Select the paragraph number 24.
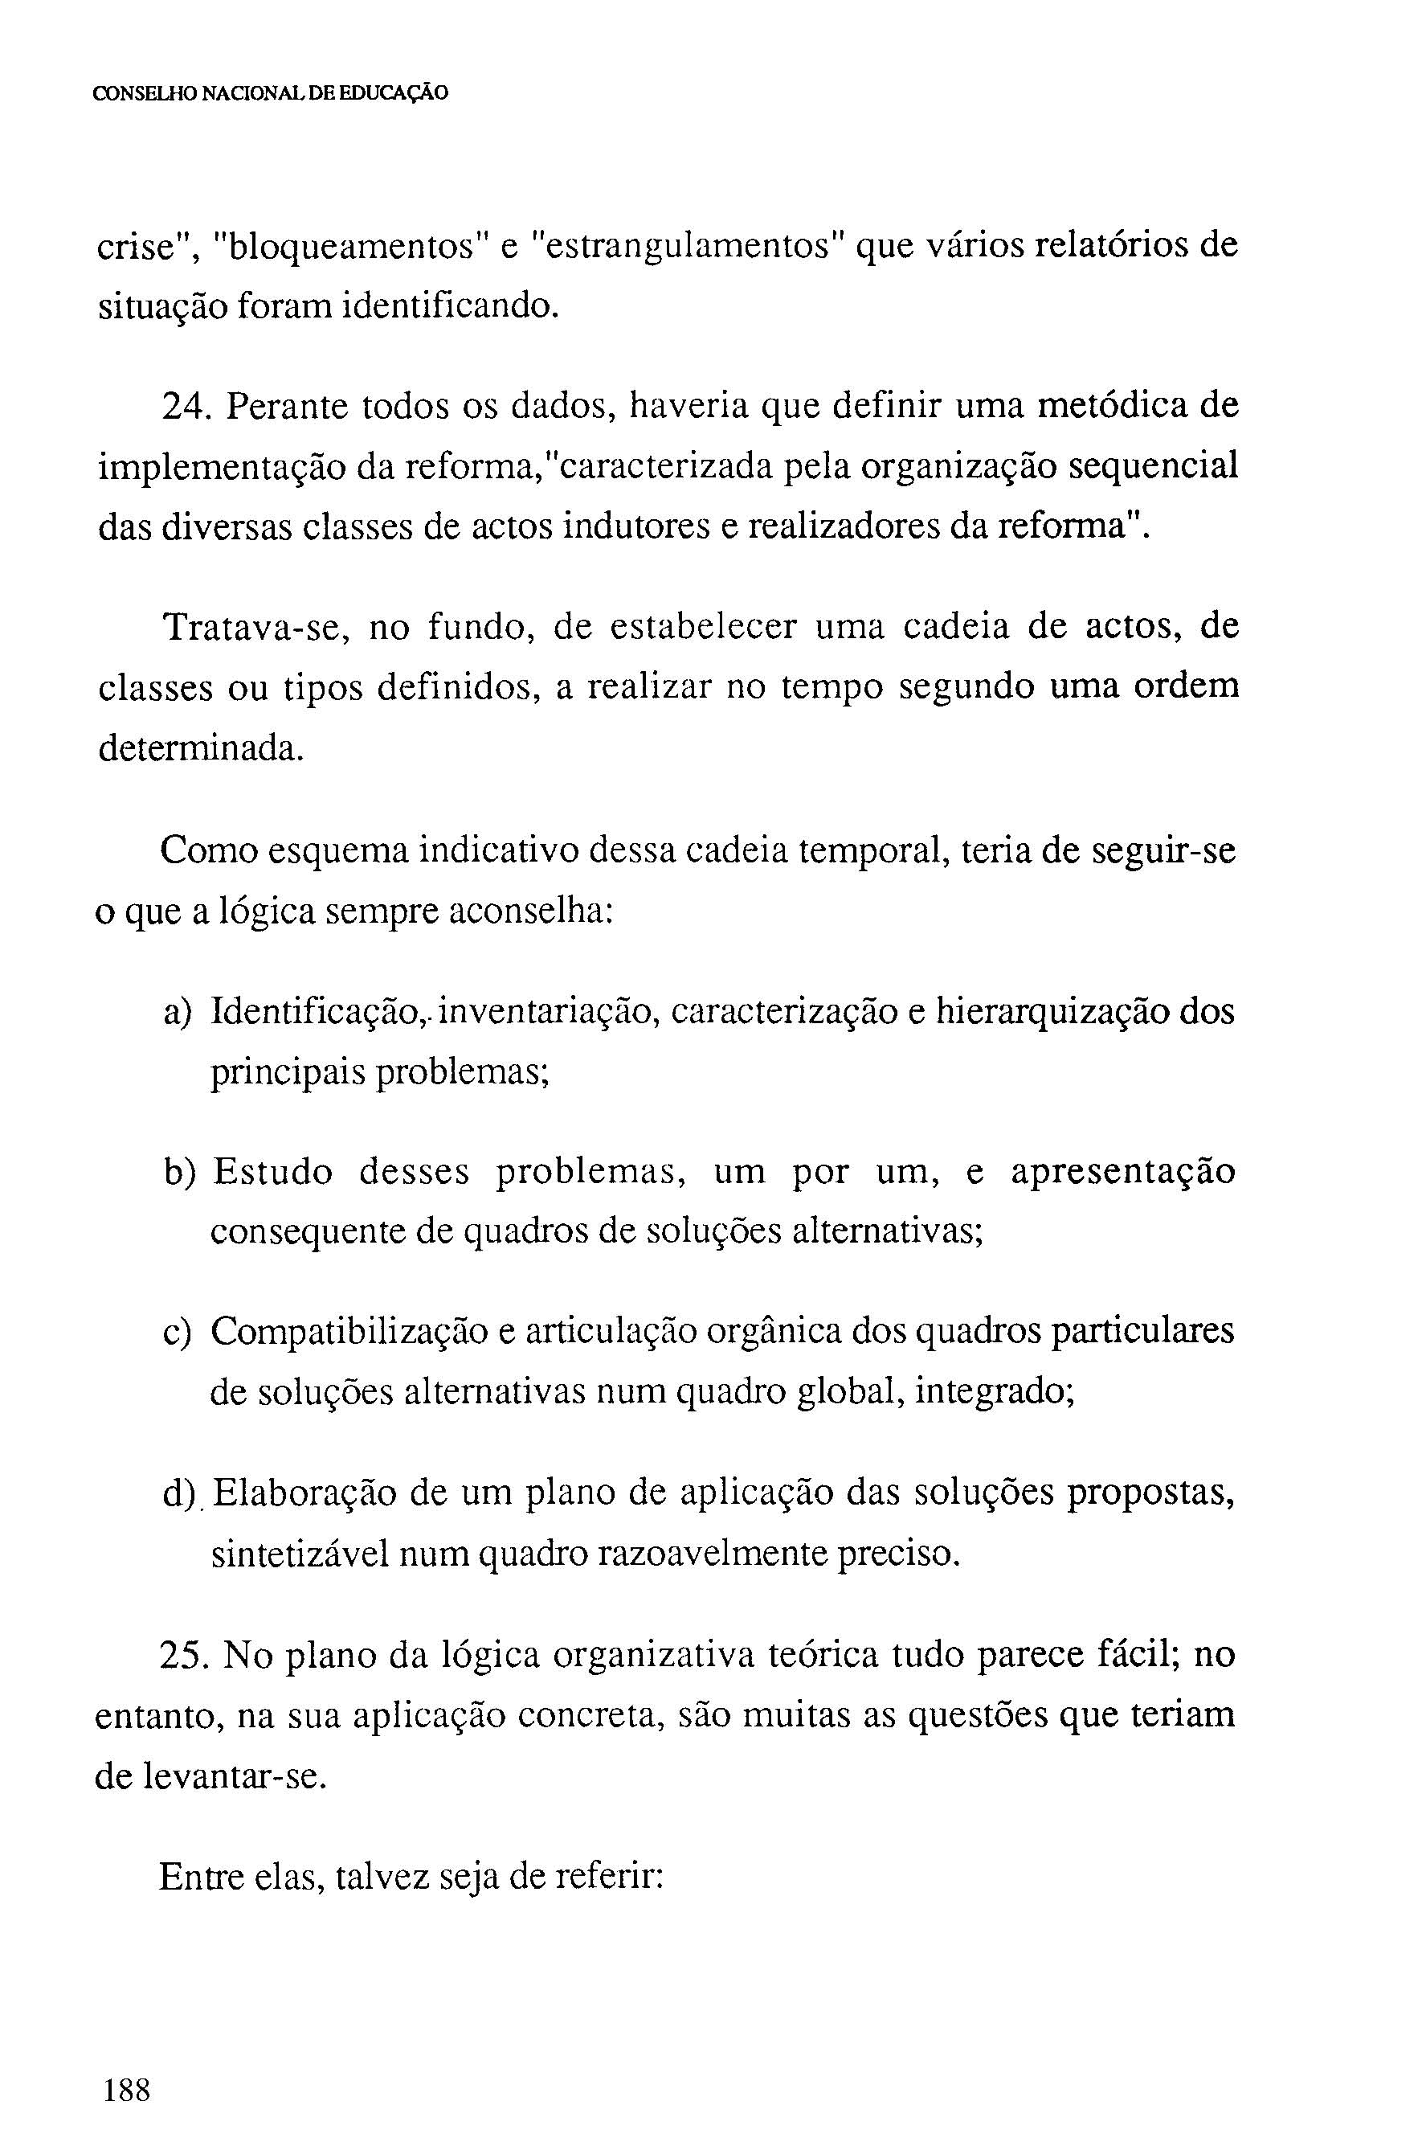click(x=183, y=407)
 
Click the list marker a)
click(x=178, y=1012)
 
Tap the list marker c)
click(x=178, y=1333)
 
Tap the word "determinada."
click(x=198, y=749)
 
